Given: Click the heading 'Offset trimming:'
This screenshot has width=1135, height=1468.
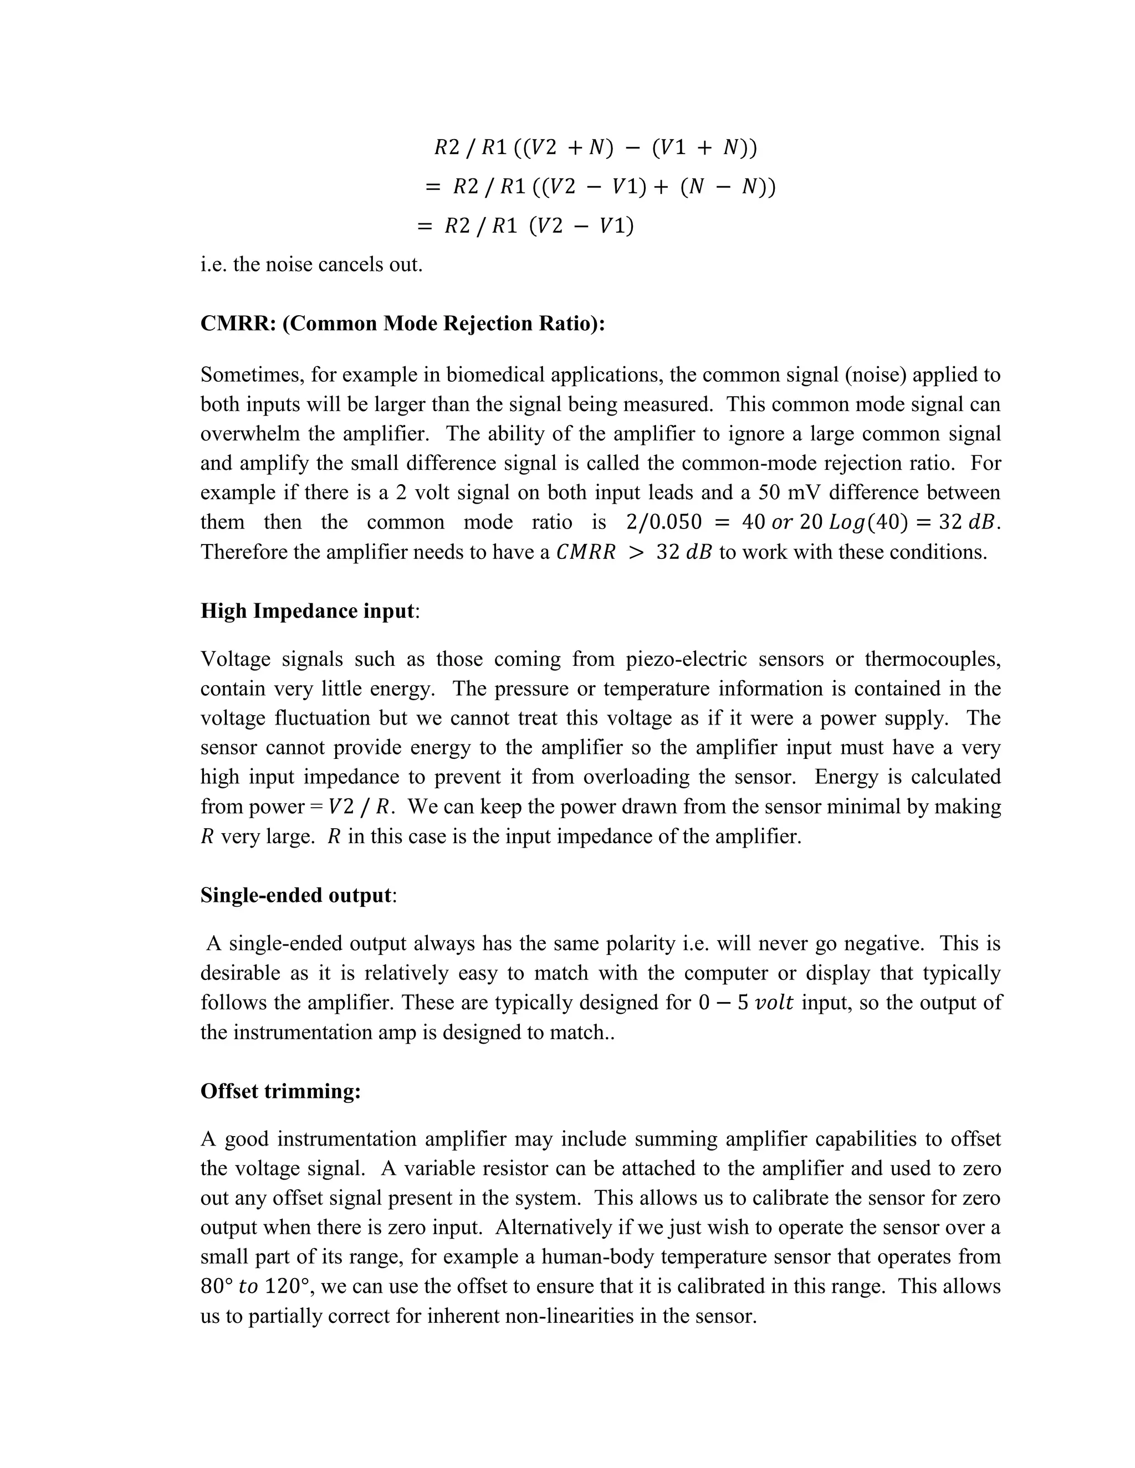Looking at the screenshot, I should [x=280, y=1090].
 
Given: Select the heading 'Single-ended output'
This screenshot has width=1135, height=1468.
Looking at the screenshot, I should [x=296, y=895].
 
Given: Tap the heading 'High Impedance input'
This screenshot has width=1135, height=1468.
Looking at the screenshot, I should [x=306, y=610].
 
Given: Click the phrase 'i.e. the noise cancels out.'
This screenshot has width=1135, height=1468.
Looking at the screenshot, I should [x=311, y=264].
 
